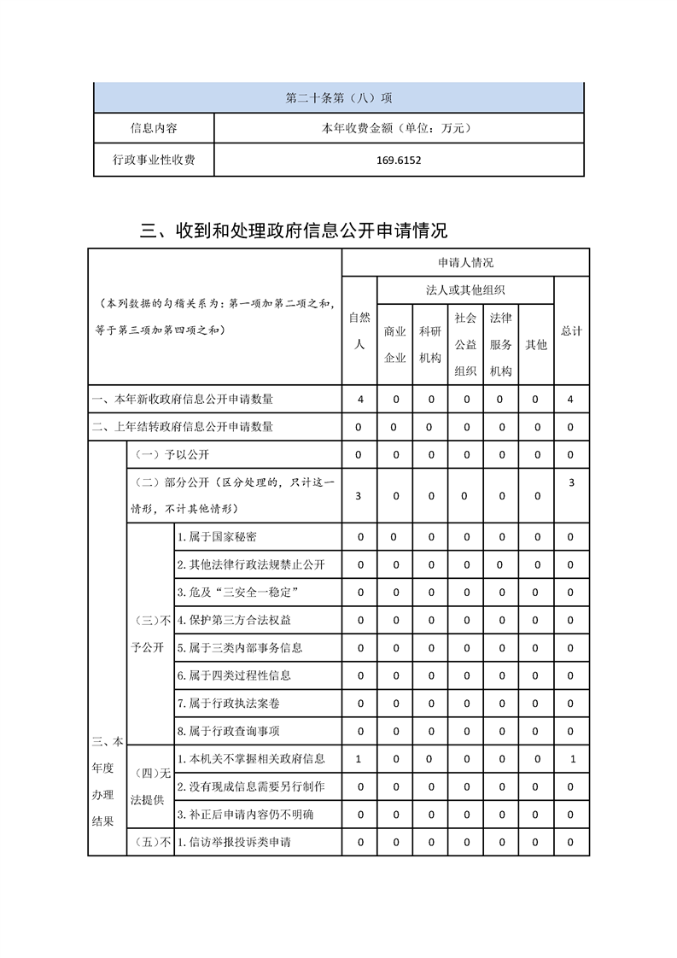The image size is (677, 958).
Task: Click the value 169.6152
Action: (x=399, y=160)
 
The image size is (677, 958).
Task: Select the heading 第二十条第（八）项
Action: (x=339, y=97)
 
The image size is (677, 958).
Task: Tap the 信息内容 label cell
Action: (x=154, y=128)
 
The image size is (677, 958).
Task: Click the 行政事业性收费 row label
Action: (x=154, y=160)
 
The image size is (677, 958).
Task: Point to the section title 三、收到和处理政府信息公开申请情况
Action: (x=294, y=231)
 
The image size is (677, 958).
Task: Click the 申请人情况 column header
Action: (x=465, y=262)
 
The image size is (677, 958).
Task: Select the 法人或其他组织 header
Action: (x=465, y=290)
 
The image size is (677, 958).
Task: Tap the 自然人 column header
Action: (x=359, y=330)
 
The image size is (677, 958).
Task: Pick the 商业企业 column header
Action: (x=395, y=344)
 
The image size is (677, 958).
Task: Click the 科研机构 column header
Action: (x=430, y=344)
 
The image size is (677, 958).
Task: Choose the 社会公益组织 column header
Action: (x=465, y=344)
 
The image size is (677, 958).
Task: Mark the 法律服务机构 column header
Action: (x=501, y=344)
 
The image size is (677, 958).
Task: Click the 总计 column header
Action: (x=571, y=330)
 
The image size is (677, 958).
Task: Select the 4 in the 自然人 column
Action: (x=360, y=399)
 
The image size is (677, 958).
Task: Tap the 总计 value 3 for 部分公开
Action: (x=571, y=483)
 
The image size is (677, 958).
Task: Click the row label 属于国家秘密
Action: (x=216, y=537)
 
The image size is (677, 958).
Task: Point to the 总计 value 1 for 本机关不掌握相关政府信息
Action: (x=572, y=758)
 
